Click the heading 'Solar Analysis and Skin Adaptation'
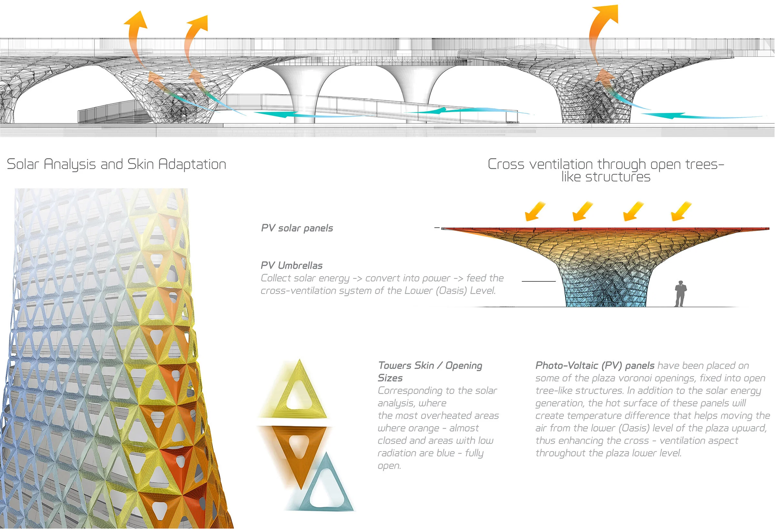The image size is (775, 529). pos(116,164)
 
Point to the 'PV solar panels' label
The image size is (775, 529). pos(297,228)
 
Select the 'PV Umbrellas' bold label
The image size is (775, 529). pos(292,266)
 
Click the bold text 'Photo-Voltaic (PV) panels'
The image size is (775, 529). pos(594,366)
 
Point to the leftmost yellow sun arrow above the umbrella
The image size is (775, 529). pos(535,212)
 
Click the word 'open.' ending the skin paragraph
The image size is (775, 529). pos(389,466)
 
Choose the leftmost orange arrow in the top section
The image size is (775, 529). pos(137,33)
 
